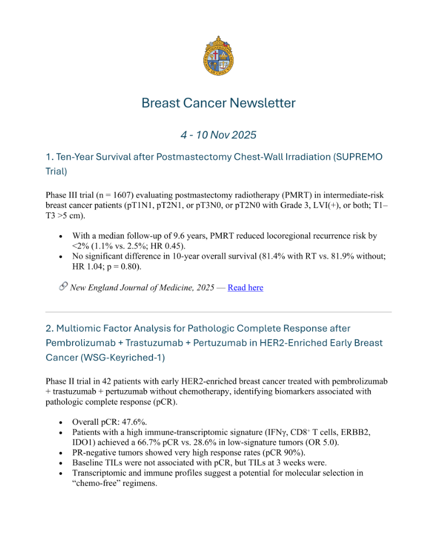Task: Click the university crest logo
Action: point(218,56)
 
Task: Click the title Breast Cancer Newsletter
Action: point(218,103)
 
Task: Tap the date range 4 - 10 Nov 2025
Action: point(218,134)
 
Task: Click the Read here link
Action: point(245,287)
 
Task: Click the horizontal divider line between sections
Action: point(218,312)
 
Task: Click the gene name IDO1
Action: point(84,442)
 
